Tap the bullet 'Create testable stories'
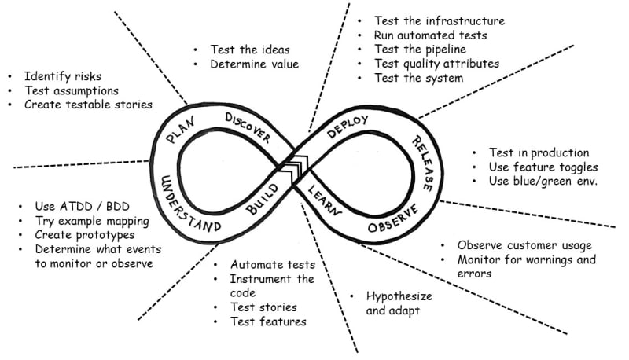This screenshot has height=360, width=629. (87, 104)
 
